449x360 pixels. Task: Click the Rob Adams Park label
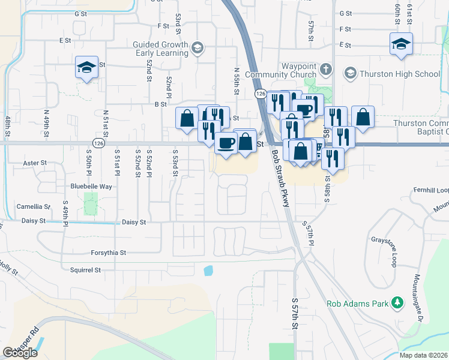pos(357,304)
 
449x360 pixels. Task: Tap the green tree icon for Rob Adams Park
pos(396,303)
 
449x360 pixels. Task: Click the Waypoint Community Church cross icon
pos(325,68)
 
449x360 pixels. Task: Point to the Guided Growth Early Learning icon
pos(198,48)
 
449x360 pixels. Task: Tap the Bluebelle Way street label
pos(91,187)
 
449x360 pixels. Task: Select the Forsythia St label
pos(108,253)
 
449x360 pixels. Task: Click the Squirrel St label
pos(85,270)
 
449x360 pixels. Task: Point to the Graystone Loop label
pos(388,242)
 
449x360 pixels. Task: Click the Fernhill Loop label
pos(431,190)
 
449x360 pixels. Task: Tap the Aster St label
pos(34,163)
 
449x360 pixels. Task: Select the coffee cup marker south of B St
pos(226,144)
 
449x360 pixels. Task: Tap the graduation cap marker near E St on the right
pos(401,44)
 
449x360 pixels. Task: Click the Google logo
pos(20,353)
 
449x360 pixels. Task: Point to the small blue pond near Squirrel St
pos(208,271)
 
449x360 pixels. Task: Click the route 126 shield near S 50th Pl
pos(99,144)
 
